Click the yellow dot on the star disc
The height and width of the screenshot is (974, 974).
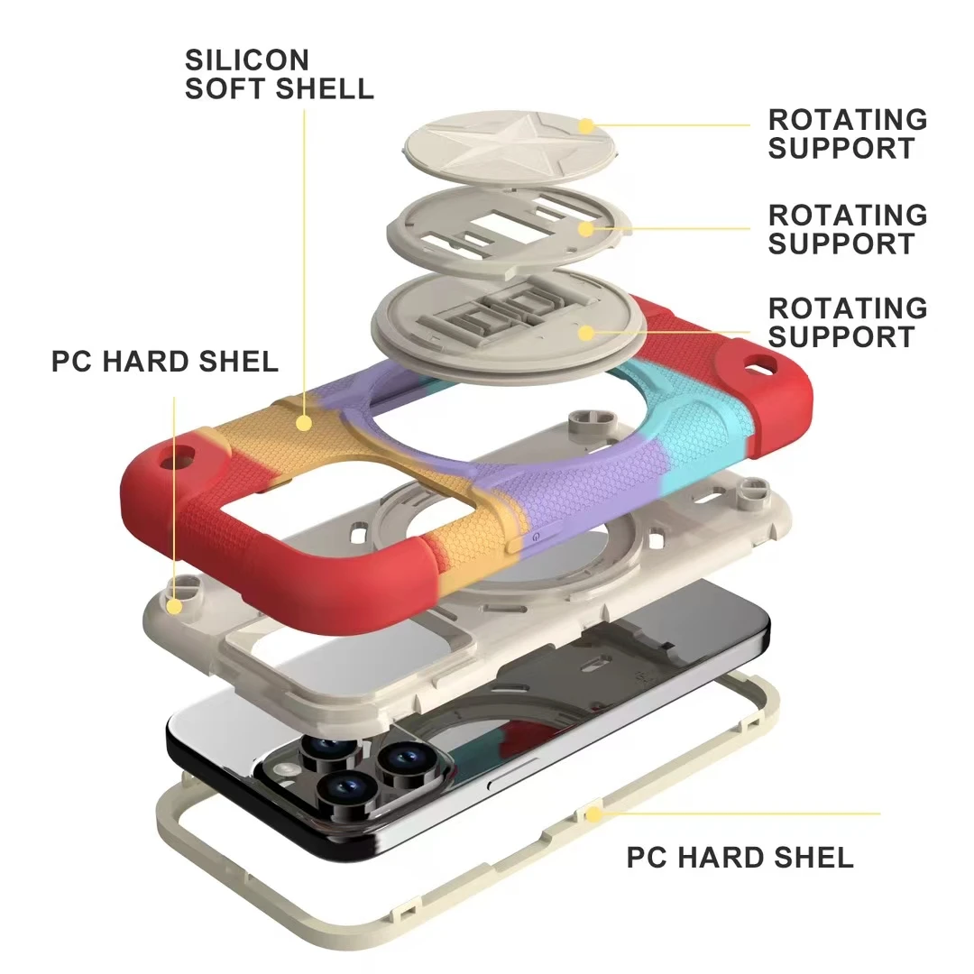pyautogui.click(x=585, y=126)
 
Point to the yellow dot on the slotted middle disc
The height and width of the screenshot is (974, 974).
pyautogui.click(x=586, y=228)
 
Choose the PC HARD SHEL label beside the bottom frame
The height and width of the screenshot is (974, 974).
pyautogui.click(x=740, y=857)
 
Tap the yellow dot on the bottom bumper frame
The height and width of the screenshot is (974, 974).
pyautogui.click(x=593, y=814)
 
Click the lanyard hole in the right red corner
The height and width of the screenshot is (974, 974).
pyautogui.click(x=763, y=364)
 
